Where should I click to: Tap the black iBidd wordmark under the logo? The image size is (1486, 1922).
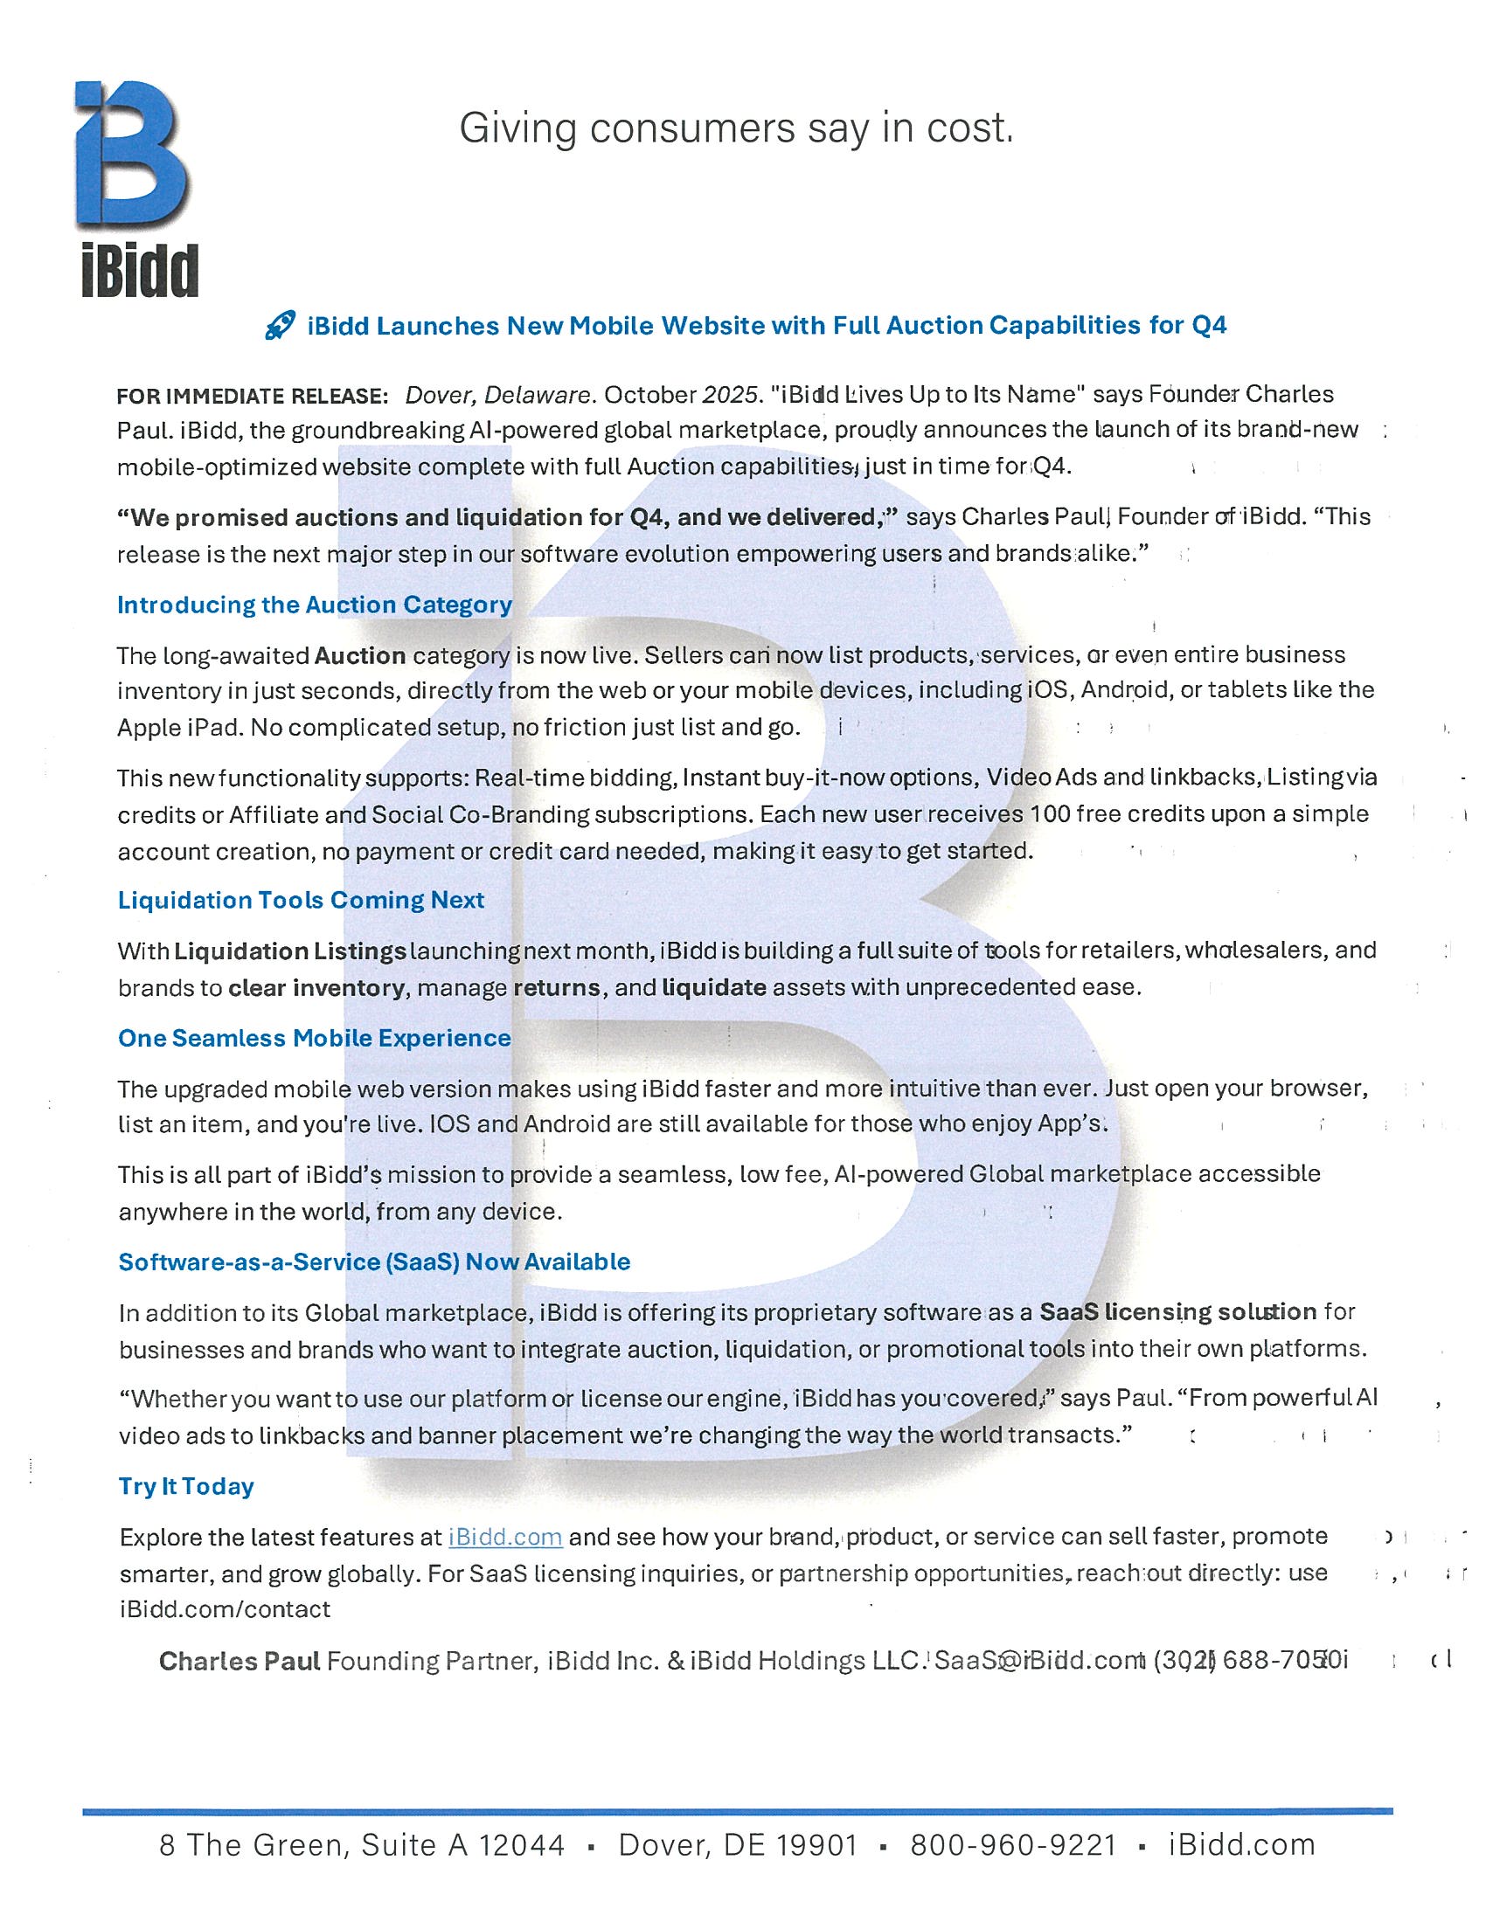(x=140, y=271)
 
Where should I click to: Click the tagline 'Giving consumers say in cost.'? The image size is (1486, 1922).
(x=736, y=128)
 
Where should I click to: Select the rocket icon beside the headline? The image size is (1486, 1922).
(x=280, y=328)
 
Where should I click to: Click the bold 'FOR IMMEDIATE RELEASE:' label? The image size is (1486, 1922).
(x=253, y=396)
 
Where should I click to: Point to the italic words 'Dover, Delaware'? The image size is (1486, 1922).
(x=496, y=395)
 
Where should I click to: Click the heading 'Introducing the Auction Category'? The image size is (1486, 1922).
(x=315, y=605)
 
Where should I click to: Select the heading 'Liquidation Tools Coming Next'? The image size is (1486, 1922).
(x=301, y=900)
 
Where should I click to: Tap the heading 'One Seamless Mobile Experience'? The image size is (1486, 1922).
(x=315, y=1039)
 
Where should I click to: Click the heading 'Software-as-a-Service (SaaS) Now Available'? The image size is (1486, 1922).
(x=374, y=1262)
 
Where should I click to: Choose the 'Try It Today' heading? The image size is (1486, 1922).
(x=187, y=1486)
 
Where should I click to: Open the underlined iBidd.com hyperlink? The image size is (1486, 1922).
(x=505, y=1538)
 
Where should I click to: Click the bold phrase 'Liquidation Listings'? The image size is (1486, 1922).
(x=289, y=951)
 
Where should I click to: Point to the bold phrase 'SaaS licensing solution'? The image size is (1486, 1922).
(x=1178, y=1312)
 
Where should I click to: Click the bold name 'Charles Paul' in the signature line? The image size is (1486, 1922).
(x=240, y=1661)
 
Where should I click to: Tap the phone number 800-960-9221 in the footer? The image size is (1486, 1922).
(x=1012, y=1844)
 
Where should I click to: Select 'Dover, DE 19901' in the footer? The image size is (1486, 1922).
(x=738, y=1844)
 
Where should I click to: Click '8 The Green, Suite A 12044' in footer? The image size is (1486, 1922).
(x=362, y=1844)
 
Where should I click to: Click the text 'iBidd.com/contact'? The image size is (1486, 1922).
(x=225, y=1609)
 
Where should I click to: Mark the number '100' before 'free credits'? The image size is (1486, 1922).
(x=1049, y=814)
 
